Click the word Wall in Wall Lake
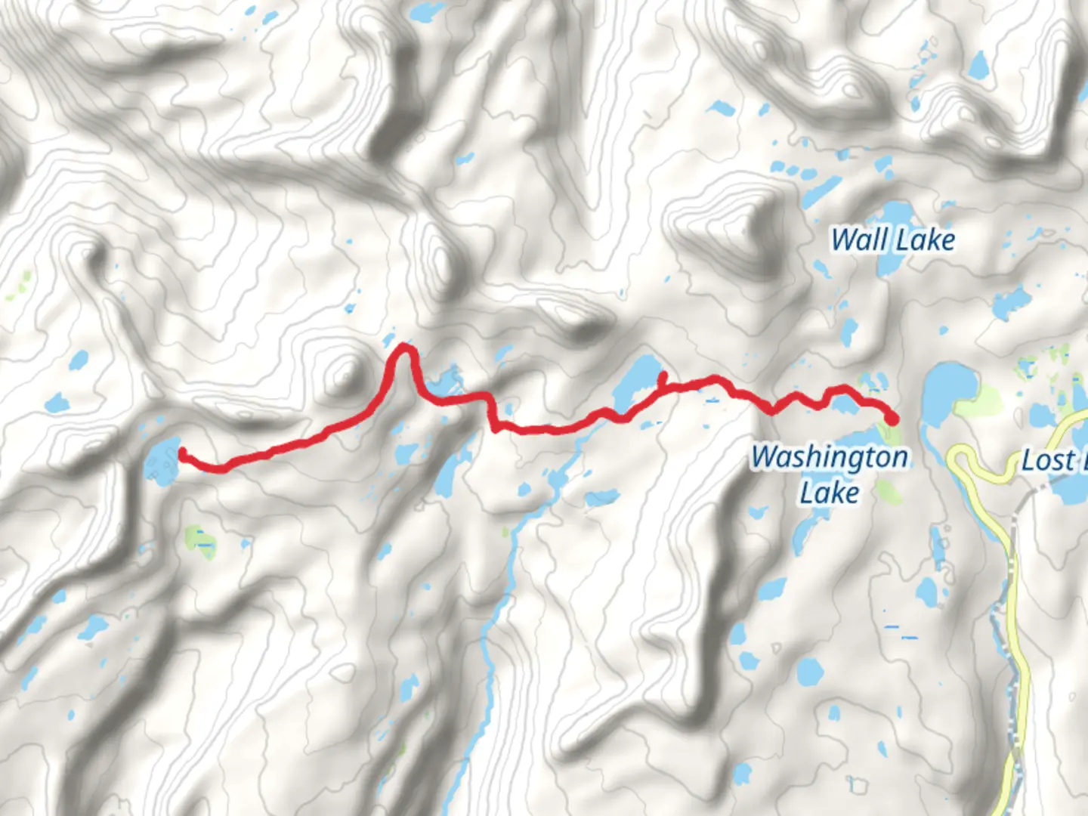tap(859, 240)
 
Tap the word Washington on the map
tap(830, 457)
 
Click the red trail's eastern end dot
tap(892, 418)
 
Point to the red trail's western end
tap(182, 453)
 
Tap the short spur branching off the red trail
tap(662, 378)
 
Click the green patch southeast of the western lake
tap(199, 539)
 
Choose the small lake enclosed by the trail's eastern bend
tap(844, 405)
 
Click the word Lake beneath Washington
tap(830, 493)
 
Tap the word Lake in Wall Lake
tap(926, 240)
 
